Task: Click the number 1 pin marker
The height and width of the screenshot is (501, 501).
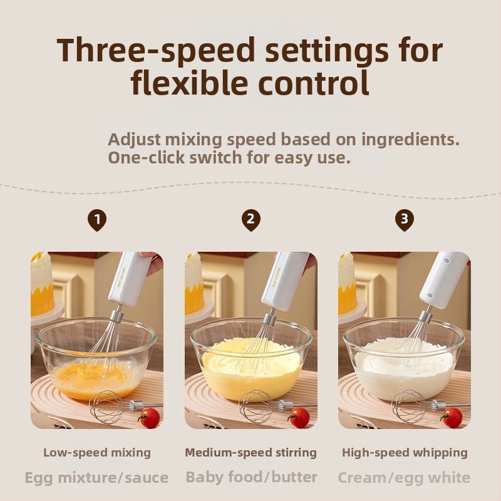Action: pyautogui.click(x=97, y=220)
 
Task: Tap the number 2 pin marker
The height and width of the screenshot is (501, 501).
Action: pyautogui.click(x=251, y=220)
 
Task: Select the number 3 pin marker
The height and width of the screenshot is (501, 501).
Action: pyautogui.click(x=405, y=220)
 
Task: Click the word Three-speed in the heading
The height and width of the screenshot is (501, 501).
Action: pyautogui.click(x=155, y=51)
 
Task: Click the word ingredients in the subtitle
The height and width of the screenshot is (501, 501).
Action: pyautogui.click(x=411, y=140)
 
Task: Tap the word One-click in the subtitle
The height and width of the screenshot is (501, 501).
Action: pyautogui.click(x=146, y=158)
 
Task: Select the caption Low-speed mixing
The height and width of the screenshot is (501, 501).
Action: pyautogui.click(x=97, y=452)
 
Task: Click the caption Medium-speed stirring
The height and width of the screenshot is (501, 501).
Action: pyautogui.click(x=251, y=452)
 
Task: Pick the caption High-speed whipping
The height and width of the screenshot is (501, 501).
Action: pyautogui.click(x=405, y=452)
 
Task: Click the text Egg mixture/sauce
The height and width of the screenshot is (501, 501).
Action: pyautogui.click(x=96, y=478)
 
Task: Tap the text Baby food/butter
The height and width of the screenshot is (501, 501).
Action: pyautogui.click(x=252, y=477)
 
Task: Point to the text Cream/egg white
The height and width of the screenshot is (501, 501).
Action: pyautogui.click(x=404, y=478)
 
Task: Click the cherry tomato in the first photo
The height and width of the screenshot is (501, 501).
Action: pyautogui.click(x=149, y=418)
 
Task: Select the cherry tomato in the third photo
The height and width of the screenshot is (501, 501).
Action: pyautogui.click(x=452, y=417)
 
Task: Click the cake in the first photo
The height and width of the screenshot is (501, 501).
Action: pyautogui.click(x=41, y=284)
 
